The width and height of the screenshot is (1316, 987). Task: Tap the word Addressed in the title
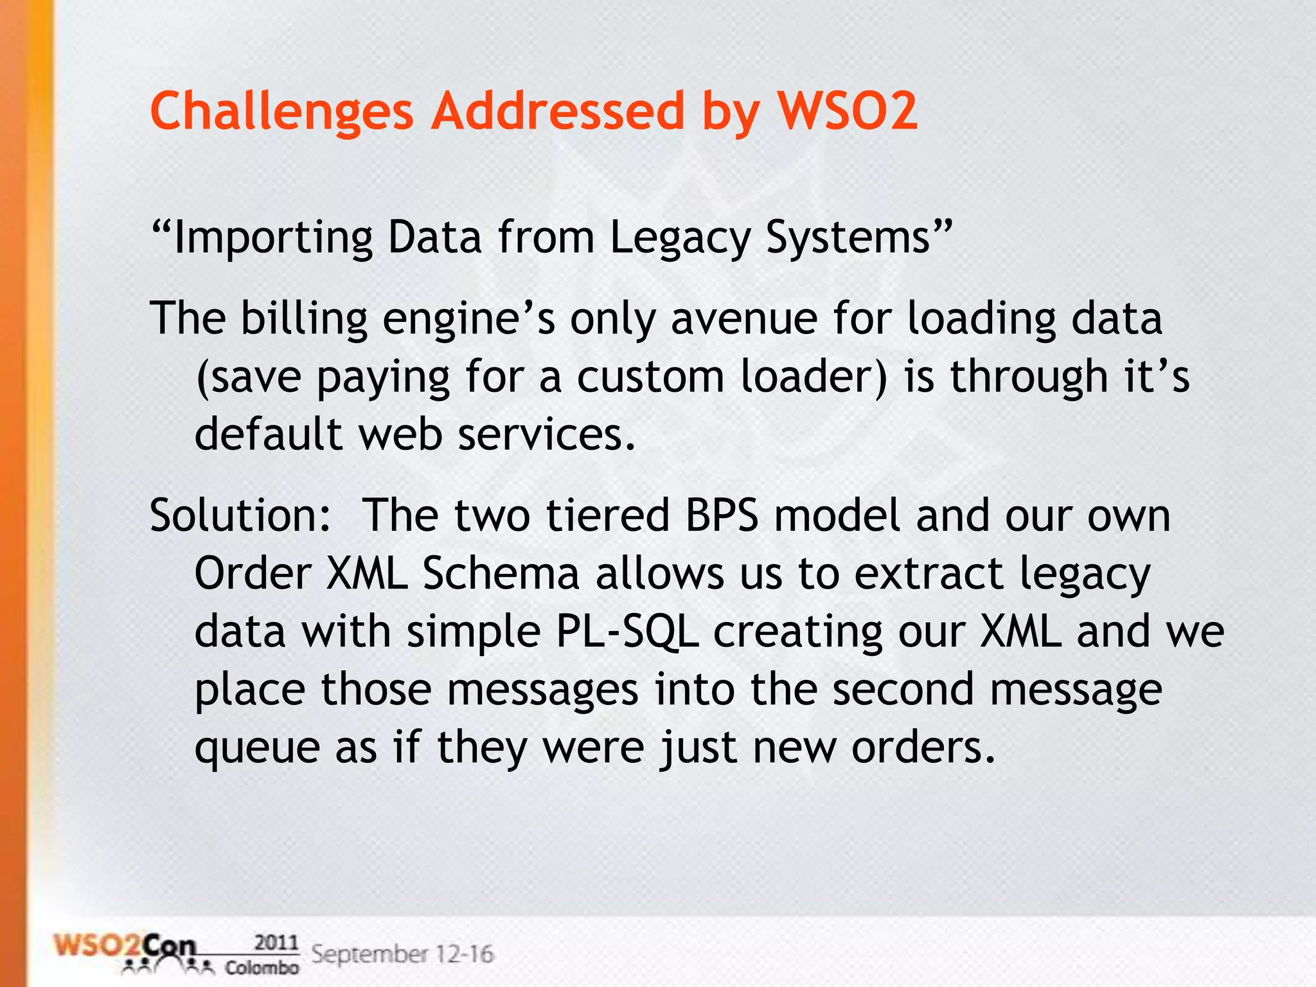click(558, 111)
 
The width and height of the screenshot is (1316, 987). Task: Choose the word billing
click(304, 319)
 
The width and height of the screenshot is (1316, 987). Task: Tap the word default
click(269, 434)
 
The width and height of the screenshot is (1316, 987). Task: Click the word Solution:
click(240, 515)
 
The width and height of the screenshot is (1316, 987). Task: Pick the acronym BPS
click(722, 515)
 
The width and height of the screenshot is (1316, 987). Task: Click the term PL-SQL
click(627, 631)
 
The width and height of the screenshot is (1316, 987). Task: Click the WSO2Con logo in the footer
click(125, 950)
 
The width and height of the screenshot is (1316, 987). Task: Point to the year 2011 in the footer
click(276, 943)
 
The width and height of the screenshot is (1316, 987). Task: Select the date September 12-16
click(402, 954)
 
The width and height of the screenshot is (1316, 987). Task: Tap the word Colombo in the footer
click(262, 967)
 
